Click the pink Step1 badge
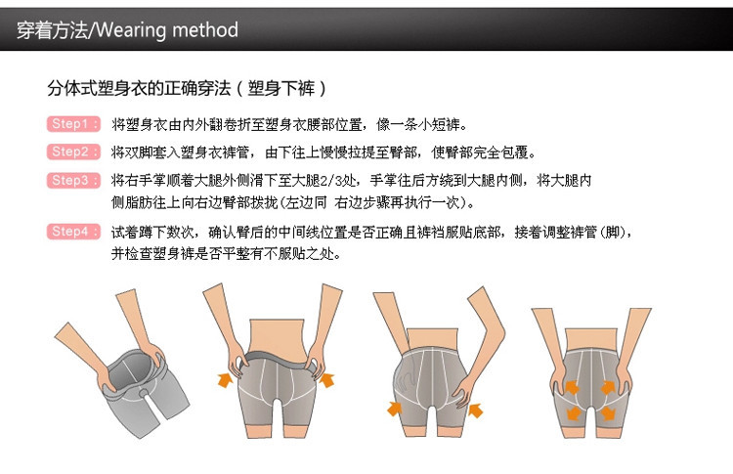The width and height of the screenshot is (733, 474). [x=73, y=124]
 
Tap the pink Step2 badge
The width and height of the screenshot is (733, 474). [x=73, y=151]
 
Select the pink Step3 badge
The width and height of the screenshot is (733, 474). [x=73, y=181]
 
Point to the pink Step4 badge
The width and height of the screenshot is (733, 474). [x=73, y=232]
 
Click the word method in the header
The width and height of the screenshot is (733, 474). [x=205, y=30]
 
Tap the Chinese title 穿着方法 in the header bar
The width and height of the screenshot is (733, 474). [x=53, y=30]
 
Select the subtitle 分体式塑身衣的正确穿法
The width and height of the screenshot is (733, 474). [x=139, y=88]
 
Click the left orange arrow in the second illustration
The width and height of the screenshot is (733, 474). [x=226, y=379]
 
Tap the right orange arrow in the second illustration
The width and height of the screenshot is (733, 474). [x=326, y=379]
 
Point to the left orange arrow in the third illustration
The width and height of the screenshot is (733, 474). [x=395, y=409]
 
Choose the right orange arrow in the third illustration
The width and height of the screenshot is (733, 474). [x=475, y=409]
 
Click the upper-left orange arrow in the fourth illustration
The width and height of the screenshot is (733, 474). [x=572, y=388]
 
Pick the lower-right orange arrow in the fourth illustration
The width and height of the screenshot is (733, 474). [x=608, y=412]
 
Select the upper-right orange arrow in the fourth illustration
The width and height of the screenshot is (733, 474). [x=608, y=388]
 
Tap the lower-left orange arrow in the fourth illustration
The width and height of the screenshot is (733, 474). [x=573, y=412]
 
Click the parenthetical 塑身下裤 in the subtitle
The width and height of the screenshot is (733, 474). [x=281, y=88]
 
